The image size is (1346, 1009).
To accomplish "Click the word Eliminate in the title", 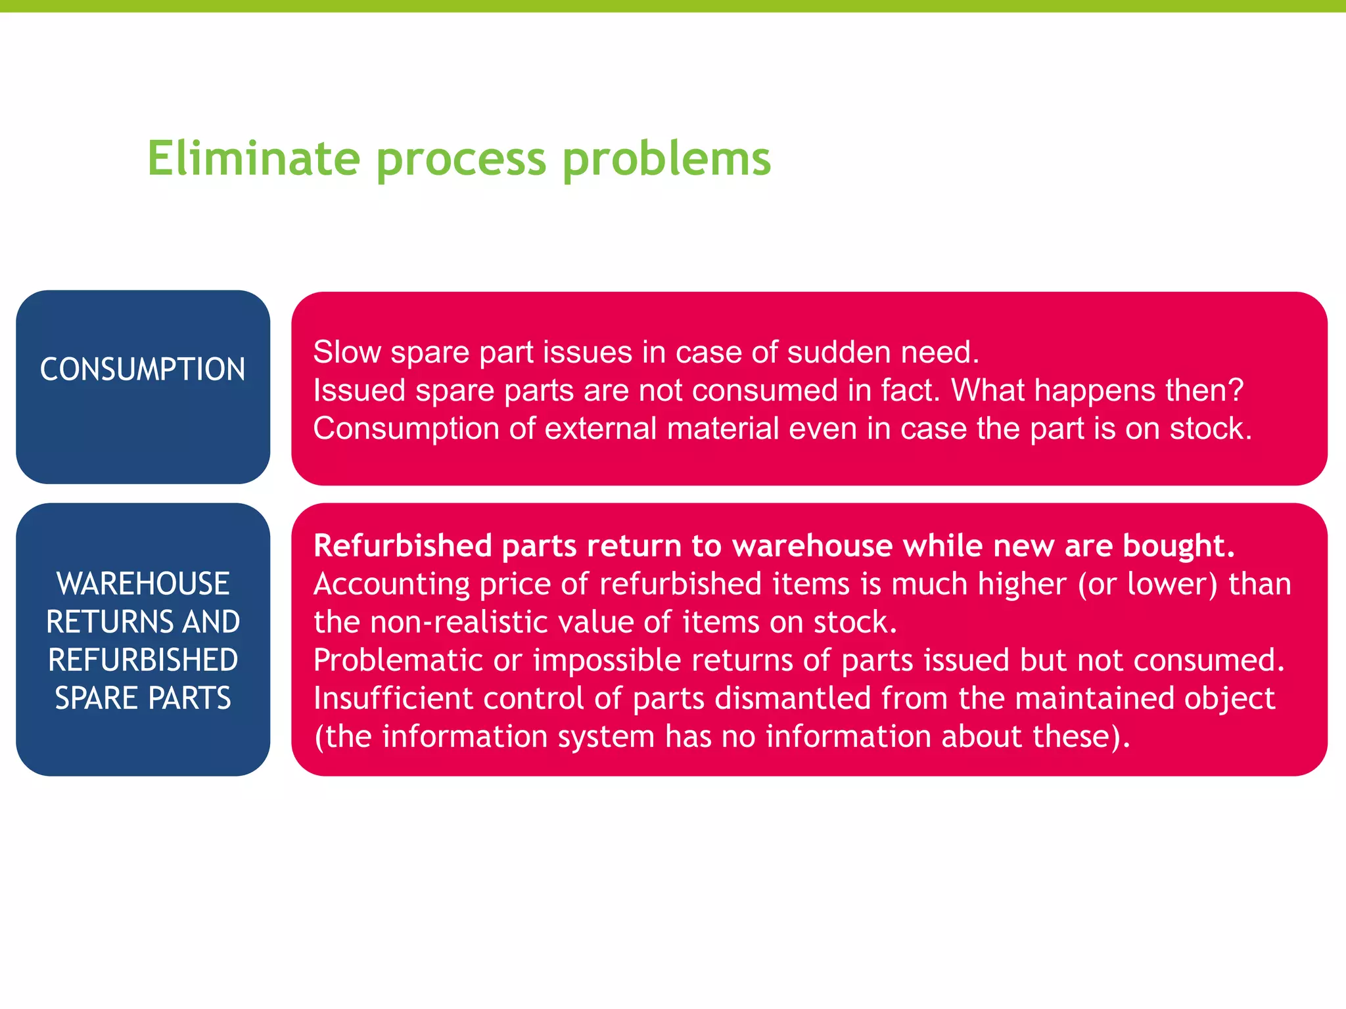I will [x=253, y=158].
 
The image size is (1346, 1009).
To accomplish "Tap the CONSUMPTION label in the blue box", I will [x=143, y=369].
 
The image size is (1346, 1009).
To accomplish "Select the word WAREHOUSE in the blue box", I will [x=143, y=583].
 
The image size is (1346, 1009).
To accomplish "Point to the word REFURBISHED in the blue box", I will [x=143, y=660].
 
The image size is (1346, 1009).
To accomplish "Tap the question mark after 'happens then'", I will [x=1236, y=390].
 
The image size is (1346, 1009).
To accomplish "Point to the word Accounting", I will [x=392, y=584].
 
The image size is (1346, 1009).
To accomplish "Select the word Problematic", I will [x=398, y=660].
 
